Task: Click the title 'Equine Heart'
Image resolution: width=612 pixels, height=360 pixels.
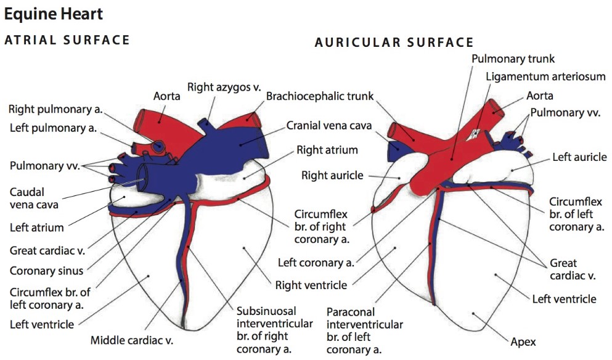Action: click(54, 13)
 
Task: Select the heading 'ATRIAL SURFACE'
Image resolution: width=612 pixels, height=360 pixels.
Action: click(67, 41)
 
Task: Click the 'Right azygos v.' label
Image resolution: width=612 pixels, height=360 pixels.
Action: click(224, 87)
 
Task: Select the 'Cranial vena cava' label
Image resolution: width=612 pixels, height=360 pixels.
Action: click(329, 126)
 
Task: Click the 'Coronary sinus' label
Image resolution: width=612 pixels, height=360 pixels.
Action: click(47, 271)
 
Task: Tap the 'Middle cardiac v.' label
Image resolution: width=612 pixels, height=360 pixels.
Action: click(133, 340)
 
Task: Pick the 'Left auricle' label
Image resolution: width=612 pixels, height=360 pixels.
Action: click(579, 157)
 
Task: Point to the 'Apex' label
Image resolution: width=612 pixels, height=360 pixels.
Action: click(523, 341)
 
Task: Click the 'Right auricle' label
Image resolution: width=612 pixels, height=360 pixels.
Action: click(333, 176)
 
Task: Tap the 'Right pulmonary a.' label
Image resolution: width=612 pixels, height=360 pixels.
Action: click(55, 110)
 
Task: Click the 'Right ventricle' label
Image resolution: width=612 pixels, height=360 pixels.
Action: click(311, 285)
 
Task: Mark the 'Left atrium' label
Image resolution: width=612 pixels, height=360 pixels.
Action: click(36, 227)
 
